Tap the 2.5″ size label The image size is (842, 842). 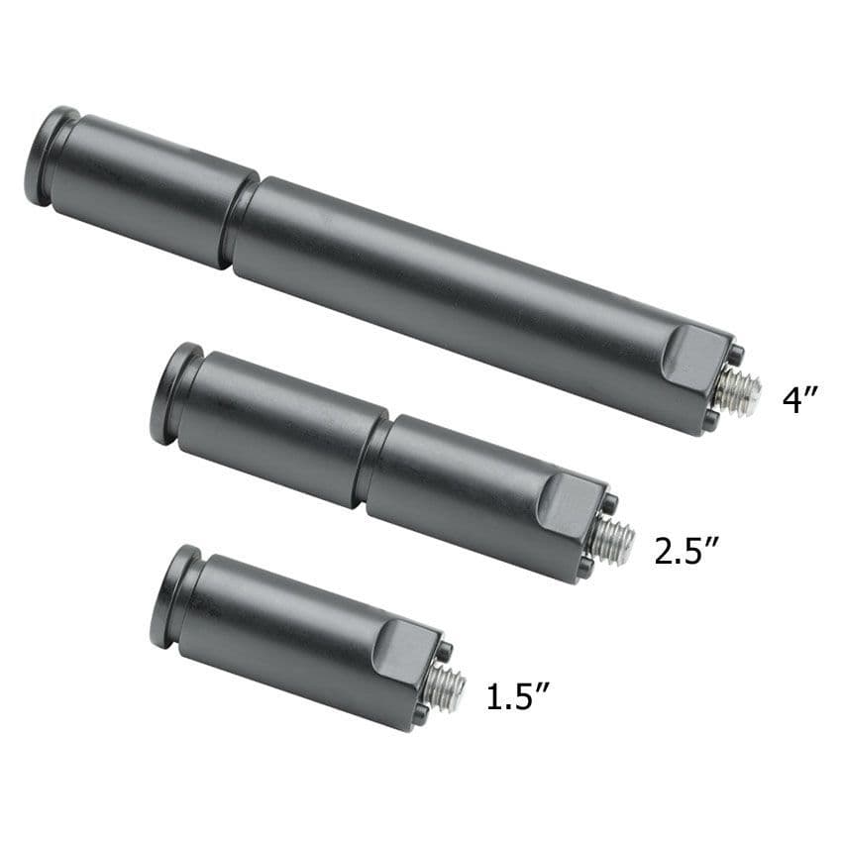pyautogui.click(x=685, y=550)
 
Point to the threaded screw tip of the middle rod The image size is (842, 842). pyautogui.click(x=614, y=537)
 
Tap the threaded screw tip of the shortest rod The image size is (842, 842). pyautogui.click(x=445, y=685)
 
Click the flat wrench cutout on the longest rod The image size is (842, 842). pyautogui.click(x=693, y=356)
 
